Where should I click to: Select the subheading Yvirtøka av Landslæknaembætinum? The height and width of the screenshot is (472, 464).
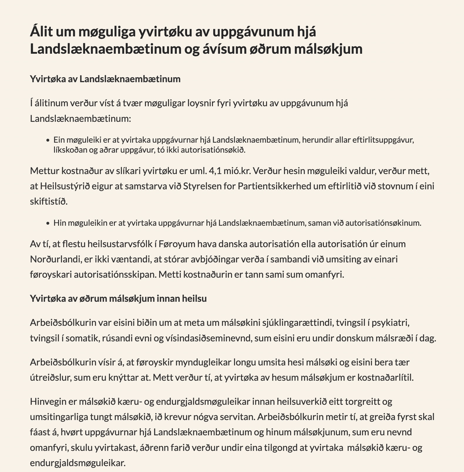point(105,79)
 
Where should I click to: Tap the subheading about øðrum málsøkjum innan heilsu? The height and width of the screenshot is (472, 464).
point(118,299)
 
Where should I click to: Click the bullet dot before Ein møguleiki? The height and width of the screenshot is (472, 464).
point(48,140)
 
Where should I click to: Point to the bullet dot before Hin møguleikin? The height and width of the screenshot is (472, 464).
point(48,223)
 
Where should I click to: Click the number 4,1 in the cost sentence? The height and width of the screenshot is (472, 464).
point(215,171)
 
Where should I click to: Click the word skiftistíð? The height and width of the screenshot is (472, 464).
point(49,202)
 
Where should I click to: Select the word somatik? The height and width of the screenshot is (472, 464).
point(78,338)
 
